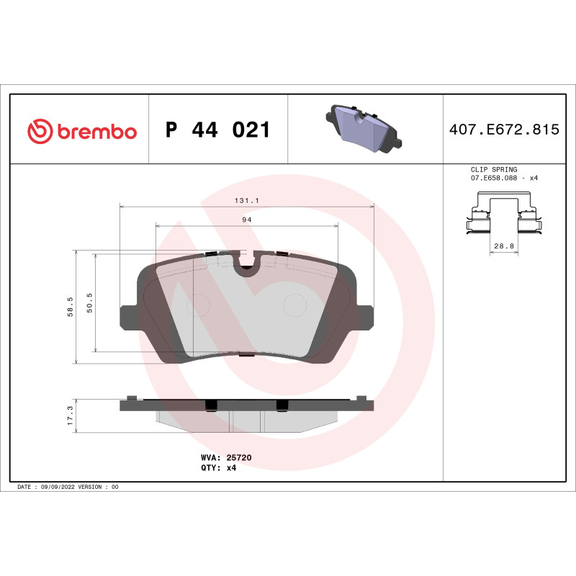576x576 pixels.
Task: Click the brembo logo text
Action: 96,132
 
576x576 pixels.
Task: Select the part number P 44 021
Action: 217,130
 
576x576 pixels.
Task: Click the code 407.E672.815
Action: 504,130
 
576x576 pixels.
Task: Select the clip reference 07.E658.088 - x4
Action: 503,177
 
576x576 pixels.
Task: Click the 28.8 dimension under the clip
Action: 503,246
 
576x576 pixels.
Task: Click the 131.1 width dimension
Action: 246,202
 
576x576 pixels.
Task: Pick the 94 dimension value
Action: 246,220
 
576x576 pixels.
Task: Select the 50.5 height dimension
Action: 89,302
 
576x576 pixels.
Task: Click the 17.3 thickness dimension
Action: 69,415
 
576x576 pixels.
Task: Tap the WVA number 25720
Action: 238,457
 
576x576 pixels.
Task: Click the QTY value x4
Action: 231,467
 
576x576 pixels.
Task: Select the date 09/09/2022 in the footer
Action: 56,487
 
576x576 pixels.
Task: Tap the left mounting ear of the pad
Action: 126,315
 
